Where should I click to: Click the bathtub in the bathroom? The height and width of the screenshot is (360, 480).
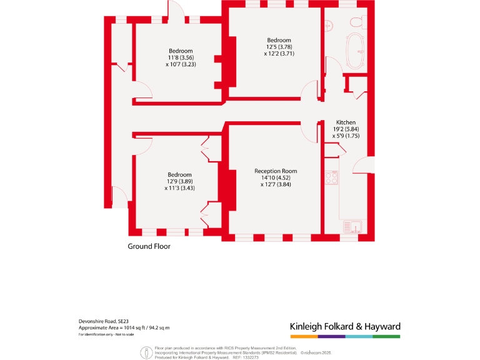[x=357, y=51]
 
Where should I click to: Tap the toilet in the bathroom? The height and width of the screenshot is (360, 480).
[x=357, y=22]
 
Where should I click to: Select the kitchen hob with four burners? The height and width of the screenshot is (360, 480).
[x=331, y=177]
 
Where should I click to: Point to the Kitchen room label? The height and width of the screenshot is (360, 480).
[x=346, y=122]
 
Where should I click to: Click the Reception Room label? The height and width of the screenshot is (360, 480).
[x=276, y=171]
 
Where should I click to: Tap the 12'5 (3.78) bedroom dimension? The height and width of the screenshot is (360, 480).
[x=279, y=47]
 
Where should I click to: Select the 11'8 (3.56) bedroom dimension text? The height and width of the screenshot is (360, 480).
[x=181, y=57]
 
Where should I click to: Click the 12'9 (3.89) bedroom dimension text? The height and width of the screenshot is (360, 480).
[x=179, y=181]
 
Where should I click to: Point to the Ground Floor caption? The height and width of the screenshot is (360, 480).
[x=149, y=246]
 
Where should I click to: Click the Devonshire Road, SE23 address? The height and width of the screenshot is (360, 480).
[x=104, y=321]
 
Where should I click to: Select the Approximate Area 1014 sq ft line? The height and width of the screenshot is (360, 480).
[x=124, y=327]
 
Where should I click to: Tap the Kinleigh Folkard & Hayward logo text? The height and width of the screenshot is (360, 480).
[x=345, y=326]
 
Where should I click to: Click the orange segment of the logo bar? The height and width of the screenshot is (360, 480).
[x=304, y=336]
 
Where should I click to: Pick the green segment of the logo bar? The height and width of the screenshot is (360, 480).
[x=386, y=336]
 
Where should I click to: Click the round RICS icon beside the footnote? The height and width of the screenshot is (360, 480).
[x=146, y=352]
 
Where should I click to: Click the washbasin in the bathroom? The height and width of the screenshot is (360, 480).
[x=328, y=26]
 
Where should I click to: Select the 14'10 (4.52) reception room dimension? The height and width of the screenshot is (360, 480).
[x=276, y=177]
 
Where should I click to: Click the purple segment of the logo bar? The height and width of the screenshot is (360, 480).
[x=331, y=336]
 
